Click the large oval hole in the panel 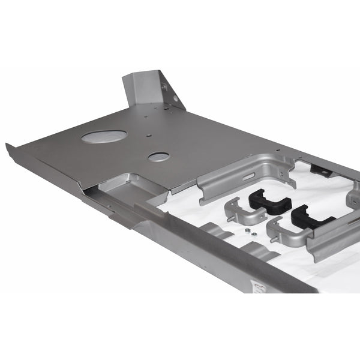pyautogui.click(x=104, y=136)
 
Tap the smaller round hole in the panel pyautogui.click(x=158, y=157)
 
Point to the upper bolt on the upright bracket pyautogui.click(x=164, y=87)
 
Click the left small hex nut pyautogui.click(x=247, y=227)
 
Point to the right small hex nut pyautogui.click(x=254, y=233)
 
